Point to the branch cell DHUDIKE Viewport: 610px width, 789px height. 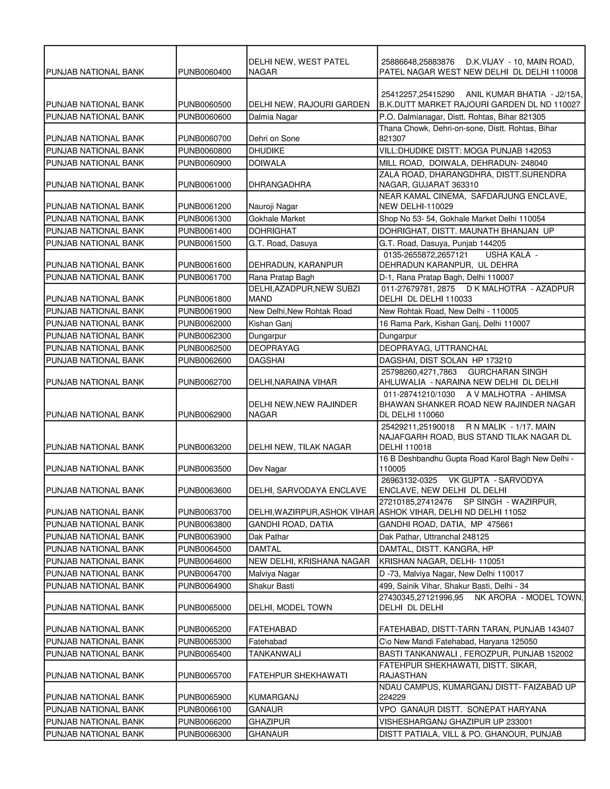266,151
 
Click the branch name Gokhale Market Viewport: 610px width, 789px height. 276,219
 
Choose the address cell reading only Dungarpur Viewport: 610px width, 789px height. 398,336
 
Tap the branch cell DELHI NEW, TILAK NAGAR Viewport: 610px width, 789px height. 300,447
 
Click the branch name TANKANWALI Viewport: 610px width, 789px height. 275,654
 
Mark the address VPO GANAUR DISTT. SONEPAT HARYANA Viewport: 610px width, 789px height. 463,709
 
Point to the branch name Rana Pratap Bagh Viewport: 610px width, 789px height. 281,277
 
